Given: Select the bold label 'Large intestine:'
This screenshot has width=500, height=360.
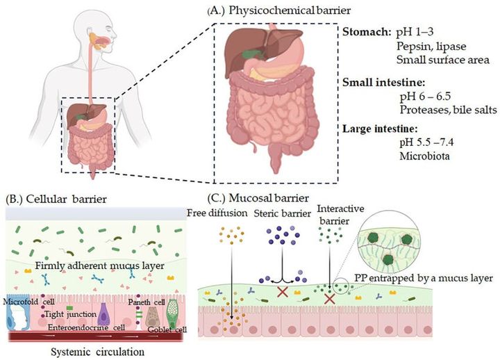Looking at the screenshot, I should [x=381, y=129].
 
